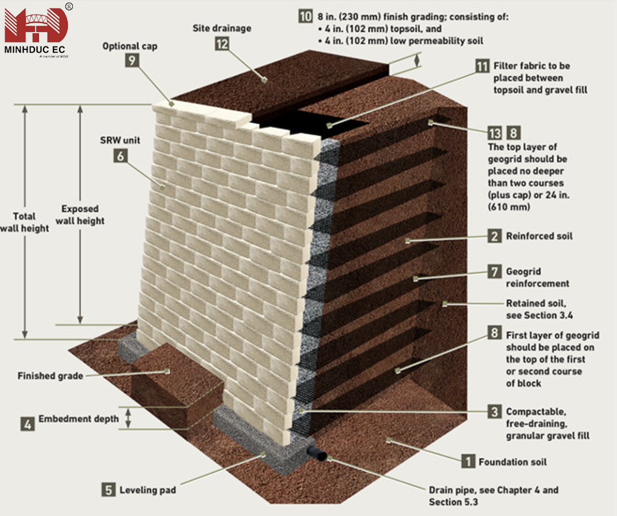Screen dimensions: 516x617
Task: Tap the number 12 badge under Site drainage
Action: point(222,43)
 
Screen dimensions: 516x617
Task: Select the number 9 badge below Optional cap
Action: point(133,60)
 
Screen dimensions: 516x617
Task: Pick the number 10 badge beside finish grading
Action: point(305,15)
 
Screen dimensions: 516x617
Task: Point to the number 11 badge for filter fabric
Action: point(482,65)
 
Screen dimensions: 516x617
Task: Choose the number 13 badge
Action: point(495,134)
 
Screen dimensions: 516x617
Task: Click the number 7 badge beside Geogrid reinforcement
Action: point(494,271)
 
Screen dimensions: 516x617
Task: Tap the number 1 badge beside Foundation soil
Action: point(468,461)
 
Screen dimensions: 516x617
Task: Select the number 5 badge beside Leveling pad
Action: point(108,490)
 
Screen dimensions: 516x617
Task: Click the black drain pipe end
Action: point(319,456)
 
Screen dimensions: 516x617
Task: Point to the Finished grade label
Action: point(50,376)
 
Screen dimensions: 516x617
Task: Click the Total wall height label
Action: point(24,222)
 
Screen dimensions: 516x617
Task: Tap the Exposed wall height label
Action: point(80,214)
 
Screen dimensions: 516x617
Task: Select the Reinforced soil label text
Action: point(539,236)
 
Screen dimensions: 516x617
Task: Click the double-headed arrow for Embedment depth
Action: point(128,418)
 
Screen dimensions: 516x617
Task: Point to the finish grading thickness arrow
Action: point(417,59)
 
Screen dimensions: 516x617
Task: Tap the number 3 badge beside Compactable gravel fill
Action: point(494,411)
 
